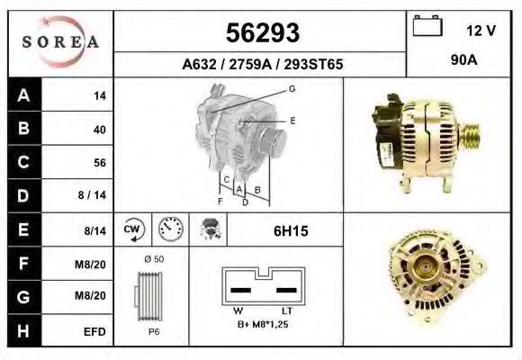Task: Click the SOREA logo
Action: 60,41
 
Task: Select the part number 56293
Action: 263,33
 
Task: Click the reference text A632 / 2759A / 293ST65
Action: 262,64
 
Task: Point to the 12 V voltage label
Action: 481,31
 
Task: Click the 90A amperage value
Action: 464,60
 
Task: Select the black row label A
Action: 24,95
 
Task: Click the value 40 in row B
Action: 100,130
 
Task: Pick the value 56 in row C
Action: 100,163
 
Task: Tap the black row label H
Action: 24,330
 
